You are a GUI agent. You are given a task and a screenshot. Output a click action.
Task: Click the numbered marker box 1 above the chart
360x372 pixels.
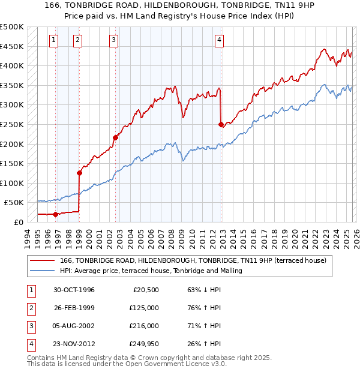point(53,40)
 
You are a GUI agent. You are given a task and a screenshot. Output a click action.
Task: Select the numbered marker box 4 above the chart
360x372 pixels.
point(220,40)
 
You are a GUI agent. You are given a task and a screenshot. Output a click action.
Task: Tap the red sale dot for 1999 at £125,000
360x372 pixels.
point(79,173)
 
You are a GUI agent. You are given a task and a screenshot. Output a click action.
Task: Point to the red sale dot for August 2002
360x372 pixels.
point(115,137)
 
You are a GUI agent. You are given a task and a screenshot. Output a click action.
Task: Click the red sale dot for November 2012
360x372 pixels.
point(221,124)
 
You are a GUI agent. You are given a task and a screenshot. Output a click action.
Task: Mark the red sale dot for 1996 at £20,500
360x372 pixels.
point(56,214)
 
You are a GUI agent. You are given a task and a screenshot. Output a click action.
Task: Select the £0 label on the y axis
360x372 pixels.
point(19,222)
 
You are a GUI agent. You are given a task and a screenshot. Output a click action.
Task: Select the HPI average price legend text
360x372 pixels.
point(151,271)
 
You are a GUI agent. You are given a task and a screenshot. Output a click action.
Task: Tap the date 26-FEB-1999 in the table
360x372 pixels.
point(74,308)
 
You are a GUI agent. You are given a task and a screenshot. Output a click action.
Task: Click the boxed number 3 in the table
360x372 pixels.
point(29,326)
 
